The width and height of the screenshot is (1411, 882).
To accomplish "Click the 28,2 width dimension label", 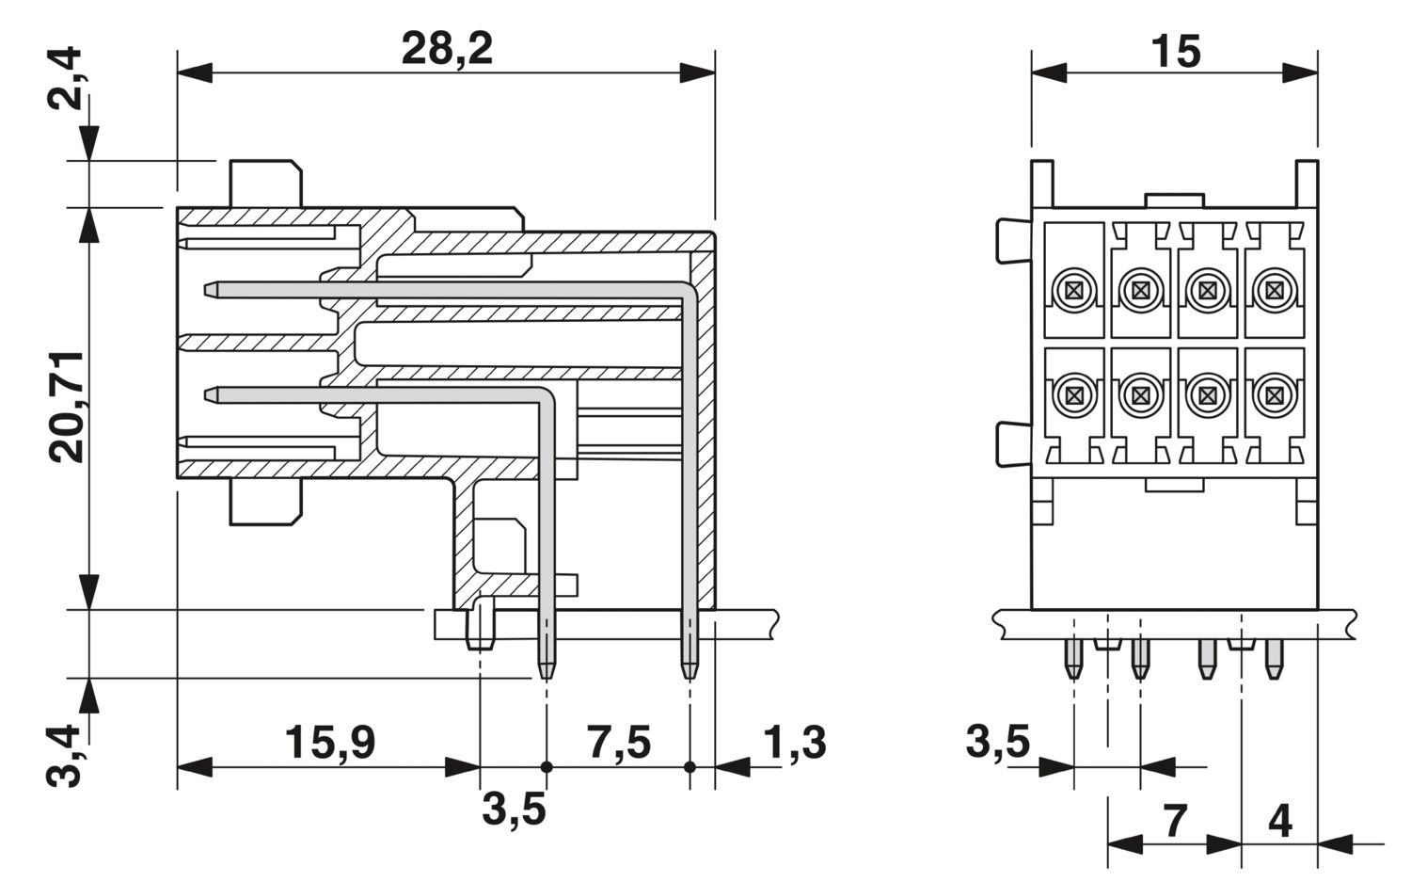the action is click(447, 51).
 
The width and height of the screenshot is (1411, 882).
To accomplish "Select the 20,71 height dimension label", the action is click(67, 408).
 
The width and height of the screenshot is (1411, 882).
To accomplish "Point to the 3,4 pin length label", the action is click(64, 756).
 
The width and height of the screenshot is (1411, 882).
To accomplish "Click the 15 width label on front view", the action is click(1176, 52).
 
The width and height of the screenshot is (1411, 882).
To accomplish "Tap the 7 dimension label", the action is click(1175, 821).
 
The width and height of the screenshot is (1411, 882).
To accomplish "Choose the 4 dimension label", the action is click(1280, 821).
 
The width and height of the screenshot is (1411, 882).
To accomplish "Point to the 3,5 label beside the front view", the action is click(998, 741).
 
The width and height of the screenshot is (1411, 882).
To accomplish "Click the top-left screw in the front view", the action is click(1073, 290).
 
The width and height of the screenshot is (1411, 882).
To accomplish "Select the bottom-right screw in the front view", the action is click(1274, 396).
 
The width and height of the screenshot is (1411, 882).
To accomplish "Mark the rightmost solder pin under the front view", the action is click(1274, 660).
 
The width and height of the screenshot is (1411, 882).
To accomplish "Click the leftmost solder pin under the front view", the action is click(1072, 660).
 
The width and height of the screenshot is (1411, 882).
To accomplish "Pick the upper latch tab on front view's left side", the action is click(1013, 240).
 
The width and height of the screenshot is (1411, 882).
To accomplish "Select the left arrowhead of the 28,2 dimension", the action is click(194, 72).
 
